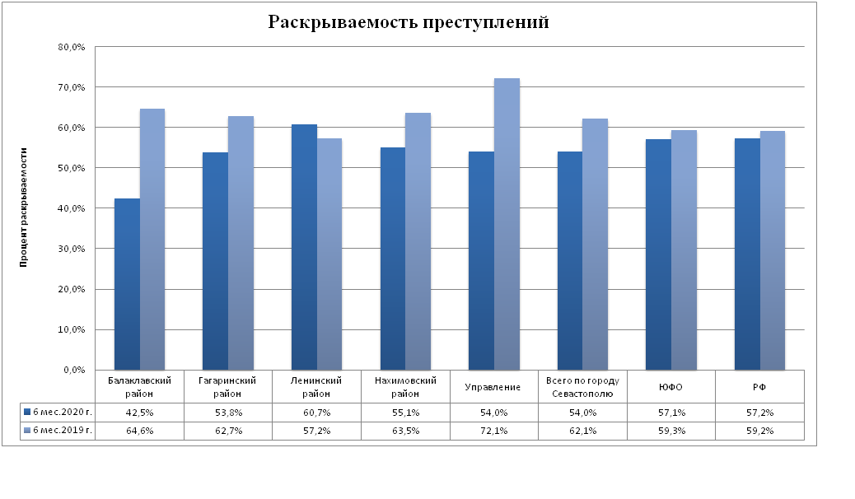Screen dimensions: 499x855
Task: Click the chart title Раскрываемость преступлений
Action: coord(409,22)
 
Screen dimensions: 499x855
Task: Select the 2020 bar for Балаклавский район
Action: coord(127,284)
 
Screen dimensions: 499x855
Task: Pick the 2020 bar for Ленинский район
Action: coord(304,247)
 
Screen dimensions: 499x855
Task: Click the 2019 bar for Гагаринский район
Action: coord(241,243)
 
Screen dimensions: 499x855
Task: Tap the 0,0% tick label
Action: coord(74,370)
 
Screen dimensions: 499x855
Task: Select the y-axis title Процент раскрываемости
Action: coord(25,208)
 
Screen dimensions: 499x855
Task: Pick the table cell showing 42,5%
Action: coord(139,412)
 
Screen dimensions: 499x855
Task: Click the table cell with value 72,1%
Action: coord(494,431)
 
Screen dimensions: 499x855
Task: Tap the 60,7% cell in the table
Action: coord(317,412)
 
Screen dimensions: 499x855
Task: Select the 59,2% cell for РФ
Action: coord(760,431)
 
